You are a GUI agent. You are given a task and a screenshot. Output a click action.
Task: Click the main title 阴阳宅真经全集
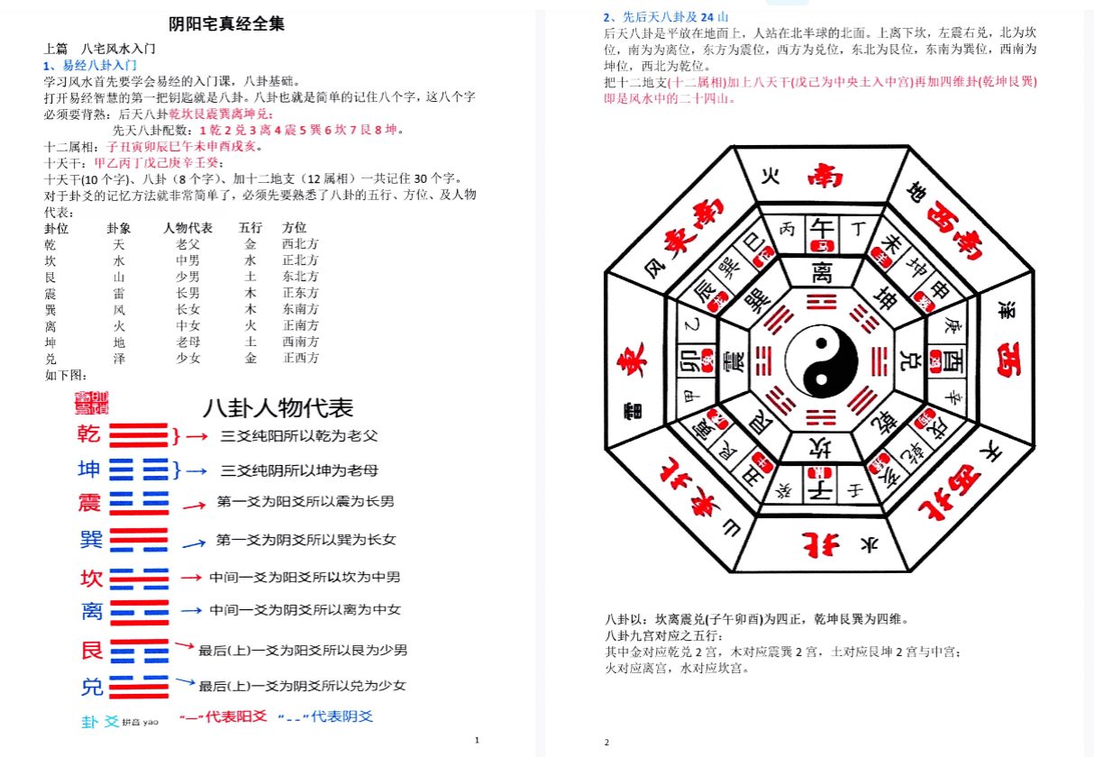[226, 25]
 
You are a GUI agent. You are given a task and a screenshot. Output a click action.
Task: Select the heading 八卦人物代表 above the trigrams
[278, 408]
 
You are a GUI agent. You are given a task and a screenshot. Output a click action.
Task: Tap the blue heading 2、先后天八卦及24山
[666, 17]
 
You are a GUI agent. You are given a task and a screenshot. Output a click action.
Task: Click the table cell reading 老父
[187, 244]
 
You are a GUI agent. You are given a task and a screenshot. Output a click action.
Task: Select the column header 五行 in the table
[250, 228]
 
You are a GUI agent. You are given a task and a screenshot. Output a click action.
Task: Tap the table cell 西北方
[300, 244]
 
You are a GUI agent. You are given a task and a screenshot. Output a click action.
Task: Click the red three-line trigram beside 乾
[139, 435]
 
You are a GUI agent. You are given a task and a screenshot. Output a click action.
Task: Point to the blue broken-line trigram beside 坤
[139, 470]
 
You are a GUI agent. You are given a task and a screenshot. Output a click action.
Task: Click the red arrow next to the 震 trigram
[195, 506]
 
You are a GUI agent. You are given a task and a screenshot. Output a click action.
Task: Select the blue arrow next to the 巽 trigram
[193, 543]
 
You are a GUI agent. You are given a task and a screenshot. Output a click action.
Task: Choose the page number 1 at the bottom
[477, 741]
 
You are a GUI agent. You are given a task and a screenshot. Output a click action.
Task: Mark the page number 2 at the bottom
[607, 743]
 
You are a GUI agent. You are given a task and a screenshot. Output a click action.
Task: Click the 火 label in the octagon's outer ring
[770, 176]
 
